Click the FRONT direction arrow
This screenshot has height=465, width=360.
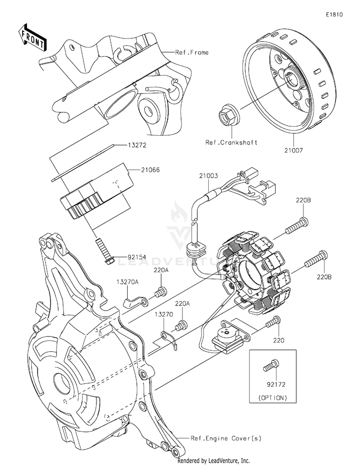[x=32, y=37]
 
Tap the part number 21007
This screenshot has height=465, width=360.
[x=294, y=150]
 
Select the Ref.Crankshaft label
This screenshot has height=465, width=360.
[x=231, y=143]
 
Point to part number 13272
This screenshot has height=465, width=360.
[x=137, y=145]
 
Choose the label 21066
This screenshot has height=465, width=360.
[x=150, y=170]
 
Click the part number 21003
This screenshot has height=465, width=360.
[x=208, y=176]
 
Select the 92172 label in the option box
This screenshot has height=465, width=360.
[x=276, y=385]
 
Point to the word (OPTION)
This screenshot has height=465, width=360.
[x=273, y=398]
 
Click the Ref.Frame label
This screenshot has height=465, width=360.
[x=192, y=52]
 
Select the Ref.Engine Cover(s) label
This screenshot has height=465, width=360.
[x=226, y=438]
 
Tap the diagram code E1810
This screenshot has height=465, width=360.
[x=334, y=14]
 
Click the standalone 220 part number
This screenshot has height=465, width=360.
[x=278, y=340]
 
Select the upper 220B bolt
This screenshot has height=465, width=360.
[x=297, y=227]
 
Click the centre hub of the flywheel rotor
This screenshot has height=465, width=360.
[x=292, y=80]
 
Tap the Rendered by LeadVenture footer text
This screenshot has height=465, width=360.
[x=214, y=461]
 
